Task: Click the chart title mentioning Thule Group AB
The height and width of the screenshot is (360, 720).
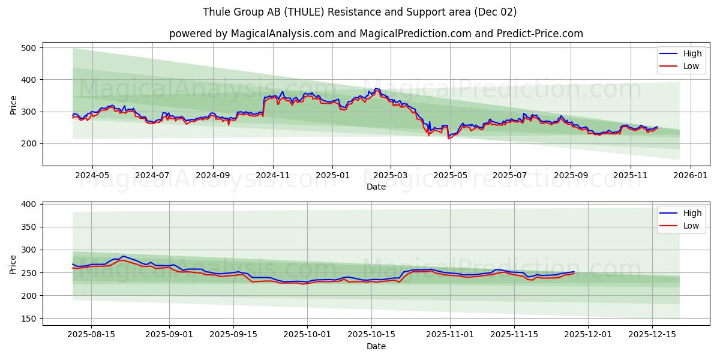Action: [359, 12]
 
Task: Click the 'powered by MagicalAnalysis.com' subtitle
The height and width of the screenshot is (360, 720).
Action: [376, 34]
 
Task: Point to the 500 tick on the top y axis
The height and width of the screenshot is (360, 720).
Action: [28, 48]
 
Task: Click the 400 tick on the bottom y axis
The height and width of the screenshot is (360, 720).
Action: [28, 205]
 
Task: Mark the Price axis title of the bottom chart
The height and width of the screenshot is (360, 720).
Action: [14, 264]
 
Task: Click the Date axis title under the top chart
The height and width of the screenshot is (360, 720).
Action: [376, 187]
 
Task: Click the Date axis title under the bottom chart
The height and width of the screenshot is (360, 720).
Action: [376, 346]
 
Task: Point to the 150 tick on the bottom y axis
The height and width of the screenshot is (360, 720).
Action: [28, 319]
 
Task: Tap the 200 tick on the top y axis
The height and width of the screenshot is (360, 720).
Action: [28, 144]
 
